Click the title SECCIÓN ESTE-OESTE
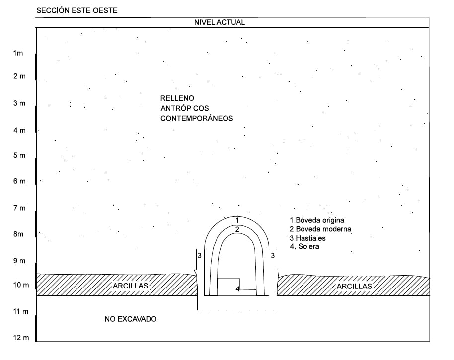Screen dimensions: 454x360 76,11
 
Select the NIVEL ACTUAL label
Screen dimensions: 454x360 220,22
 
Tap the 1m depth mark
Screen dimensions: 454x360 18,53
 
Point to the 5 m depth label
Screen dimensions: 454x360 19,155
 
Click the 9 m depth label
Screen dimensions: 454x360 19,261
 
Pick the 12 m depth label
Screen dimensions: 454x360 21,338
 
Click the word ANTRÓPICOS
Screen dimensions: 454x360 185,108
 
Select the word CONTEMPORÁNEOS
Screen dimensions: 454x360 197,118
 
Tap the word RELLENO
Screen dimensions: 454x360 177,98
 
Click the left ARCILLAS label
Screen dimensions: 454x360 130,286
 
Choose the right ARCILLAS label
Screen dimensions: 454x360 354,287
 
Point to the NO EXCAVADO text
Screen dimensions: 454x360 131,319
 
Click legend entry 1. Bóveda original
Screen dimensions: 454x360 317,220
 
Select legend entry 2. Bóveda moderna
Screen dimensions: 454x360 320,229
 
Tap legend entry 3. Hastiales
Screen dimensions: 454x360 308,238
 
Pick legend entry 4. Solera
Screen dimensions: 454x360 304,247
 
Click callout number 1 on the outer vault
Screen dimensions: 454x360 237,220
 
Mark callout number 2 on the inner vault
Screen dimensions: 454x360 237,230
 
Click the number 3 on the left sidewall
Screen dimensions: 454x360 199,256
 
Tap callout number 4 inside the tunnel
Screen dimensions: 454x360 237,289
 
